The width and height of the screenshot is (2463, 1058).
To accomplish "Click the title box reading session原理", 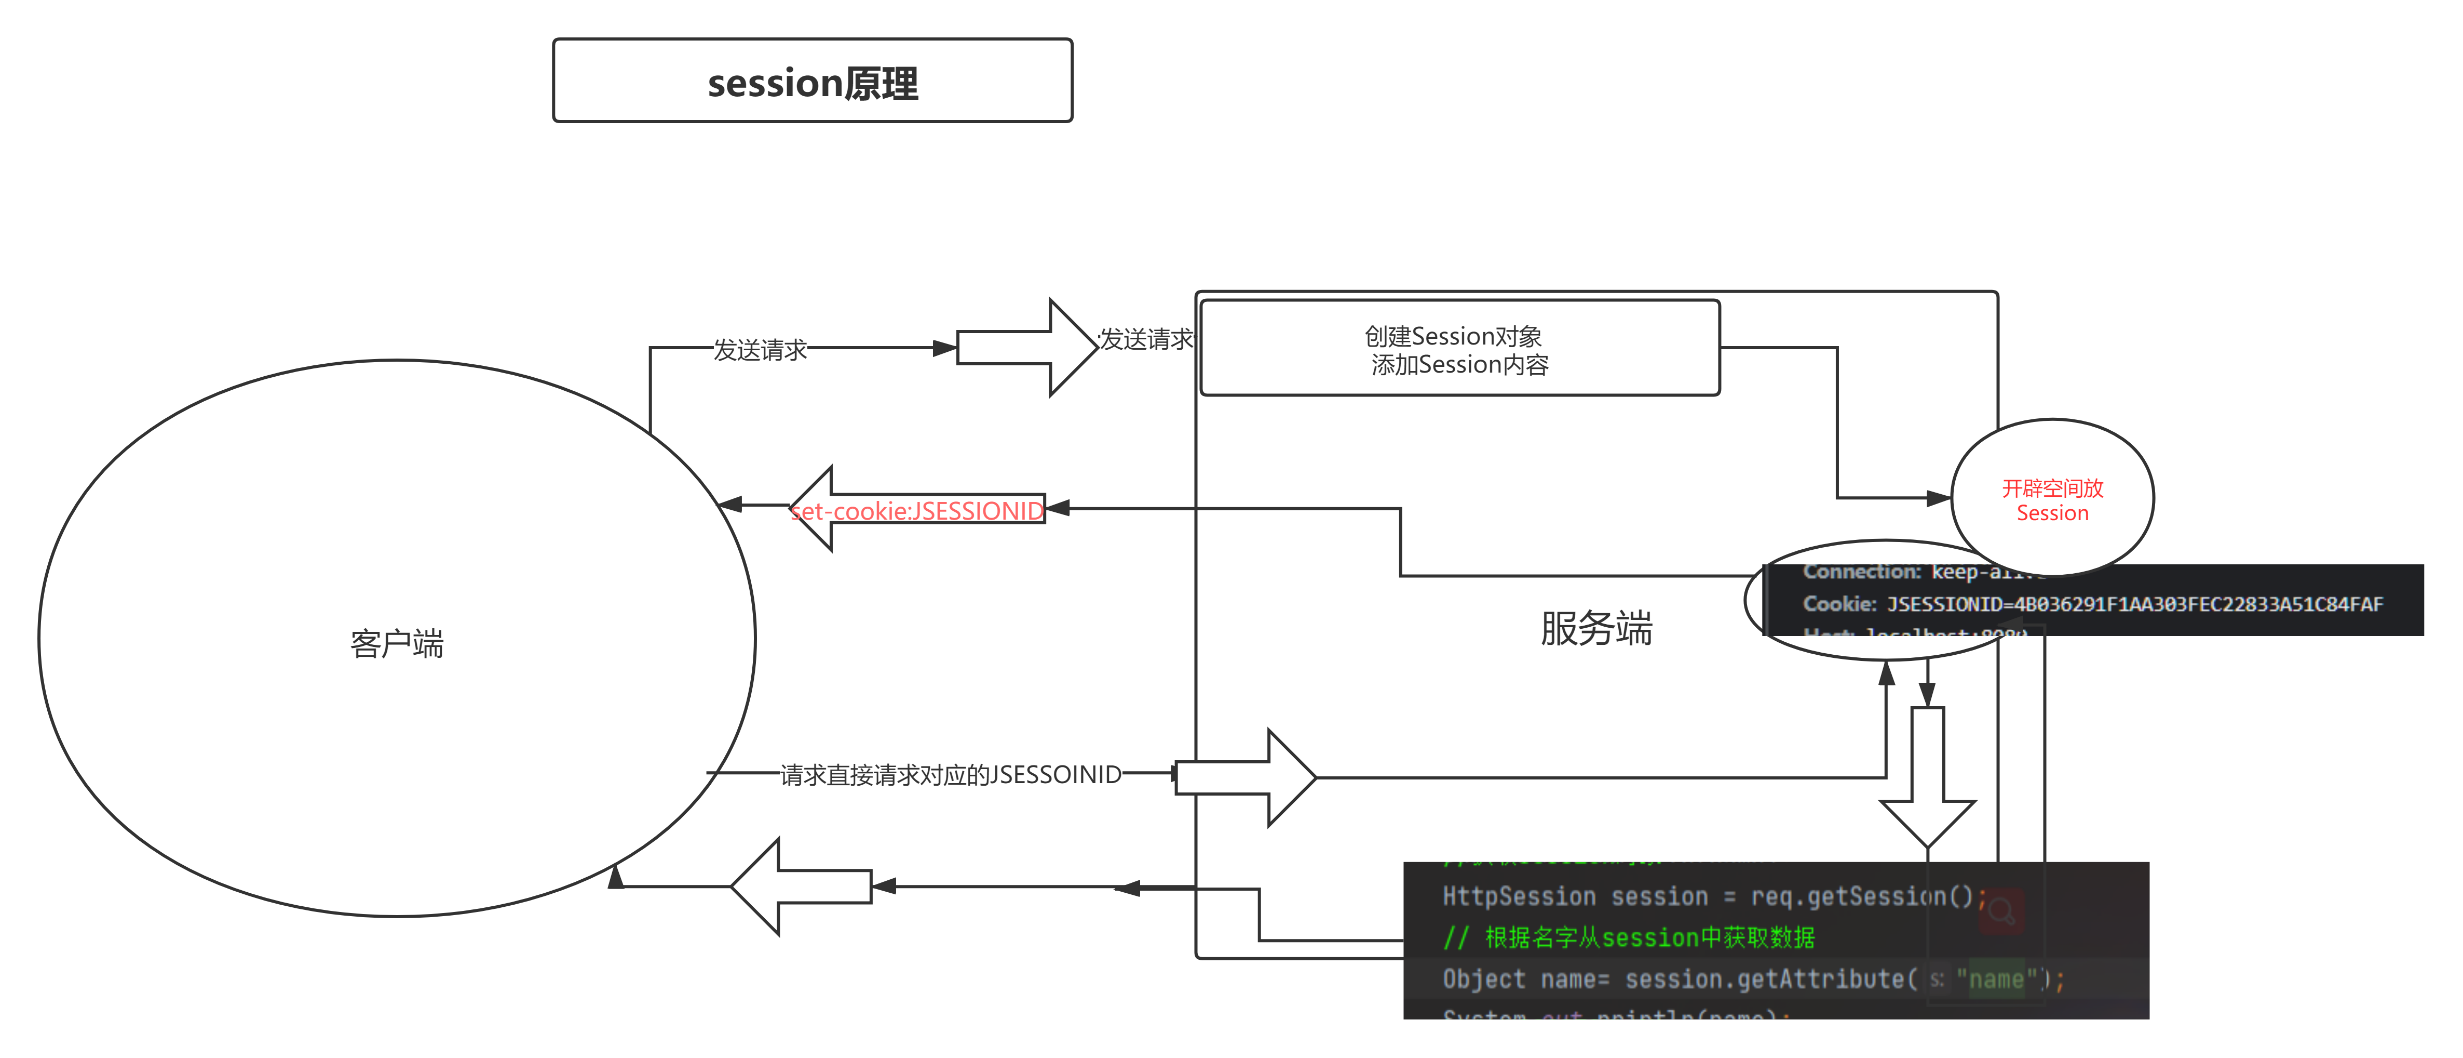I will pyautogui.click(x=813, y=81).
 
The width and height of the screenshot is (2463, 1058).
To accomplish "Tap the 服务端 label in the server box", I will pyautogui.click(x=1596, y=628).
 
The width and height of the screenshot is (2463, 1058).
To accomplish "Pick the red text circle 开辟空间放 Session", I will pyautogui.click(x=2052, y=499).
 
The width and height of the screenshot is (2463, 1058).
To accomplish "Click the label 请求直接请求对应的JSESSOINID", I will pyautogui.click(x=951, y=774).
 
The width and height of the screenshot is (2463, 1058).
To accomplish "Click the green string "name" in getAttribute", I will pyautogui.click(x=1996, y=980).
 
